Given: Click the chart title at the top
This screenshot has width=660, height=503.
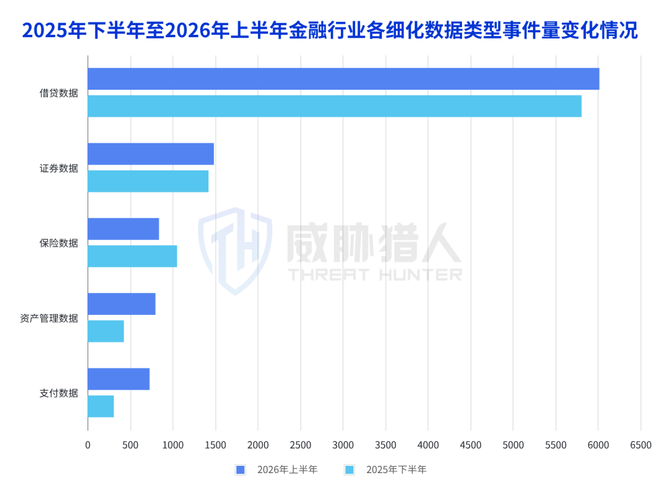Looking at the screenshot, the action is [x=330, y=31].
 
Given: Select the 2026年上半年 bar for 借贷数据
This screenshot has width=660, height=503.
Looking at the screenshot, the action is [x=343, y=79].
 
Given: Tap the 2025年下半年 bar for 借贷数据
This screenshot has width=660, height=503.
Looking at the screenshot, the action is [x=335, y=106].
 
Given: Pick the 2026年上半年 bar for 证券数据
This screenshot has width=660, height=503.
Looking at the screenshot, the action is [x=151, y=154].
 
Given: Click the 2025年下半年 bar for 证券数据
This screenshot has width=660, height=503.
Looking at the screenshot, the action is [x=148, y=181].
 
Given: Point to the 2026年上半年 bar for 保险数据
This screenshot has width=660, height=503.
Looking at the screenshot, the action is [x=123, y=229].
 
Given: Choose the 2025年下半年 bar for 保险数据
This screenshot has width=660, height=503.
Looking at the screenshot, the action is [x=133, y=256].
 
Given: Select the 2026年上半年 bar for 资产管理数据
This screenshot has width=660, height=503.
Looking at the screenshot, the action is [x=122, y=303].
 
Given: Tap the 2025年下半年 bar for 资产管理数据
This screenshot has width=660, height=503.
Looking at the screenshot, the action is [x=106, y=331].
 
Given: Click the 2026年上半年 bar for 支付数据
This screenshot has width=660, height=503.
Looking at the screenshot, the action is [x=119, y=379].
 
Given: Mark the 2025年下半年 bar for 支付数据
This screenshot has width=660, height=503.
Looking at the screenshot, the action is [x=101, y=407].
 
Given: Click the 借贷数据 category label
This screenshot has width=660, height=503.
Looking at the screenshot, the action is [x=59, y=93].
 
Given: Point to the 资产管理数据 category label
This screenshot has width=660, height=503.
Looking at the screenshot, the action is [x=49, y=319].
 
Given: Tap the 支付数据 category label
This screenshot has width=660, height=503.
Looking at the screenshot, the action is [x=59, y=393].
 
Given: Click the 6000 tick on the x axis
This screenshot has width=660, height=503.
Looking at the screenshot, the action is [x=598, y=445].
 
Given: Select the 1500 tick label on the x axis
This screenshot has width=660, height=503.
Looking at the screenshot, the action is [x=216, y=445].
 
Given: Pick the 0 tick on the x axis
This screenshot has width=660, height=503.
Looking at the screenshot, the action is [x=87, y=445].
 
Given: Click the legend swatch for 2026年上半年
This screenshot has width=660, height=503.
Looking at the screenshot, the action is [x=240, y=470].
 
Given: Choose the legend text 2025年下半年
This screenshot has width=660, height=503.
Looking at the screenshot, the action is [x=396, y=470].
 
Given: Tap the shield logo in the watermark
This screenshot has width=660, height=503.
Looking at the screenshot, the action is [x=235, y=251].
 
